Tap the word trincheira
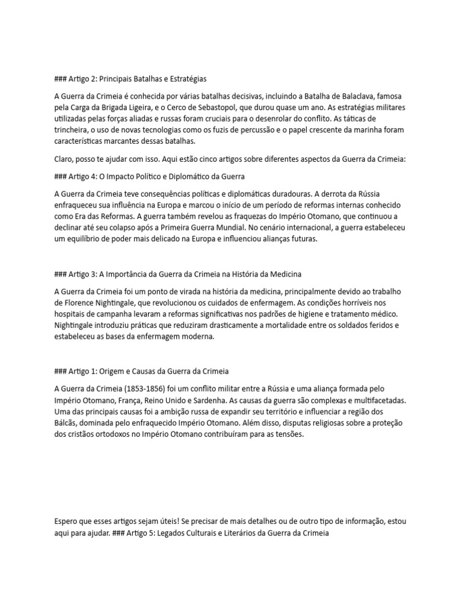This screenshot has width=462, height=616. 74,130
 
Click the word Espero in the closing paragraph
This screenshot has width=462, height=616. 68,521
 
